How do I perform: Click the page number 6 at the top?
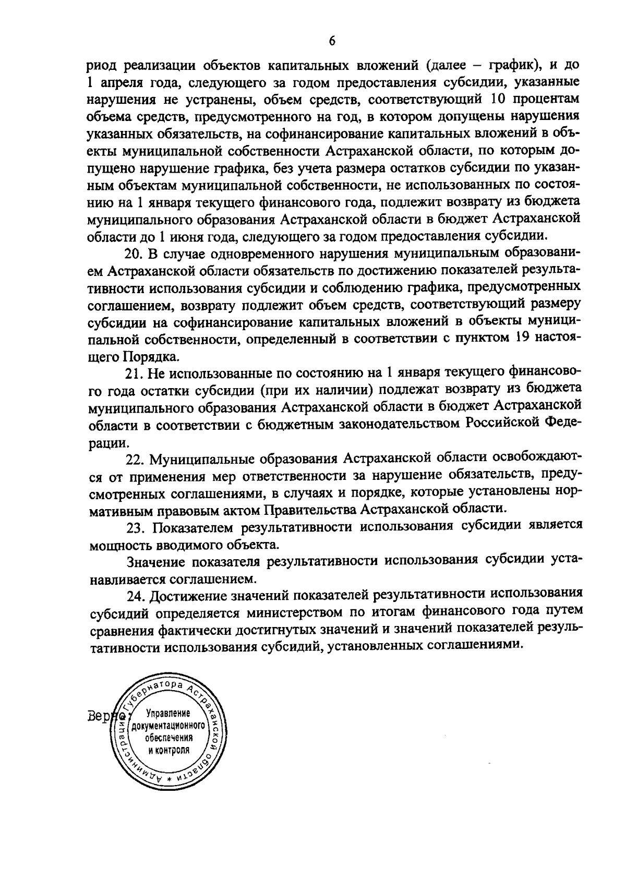[332, 42]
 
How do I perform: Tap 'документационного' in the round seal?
[168, 726]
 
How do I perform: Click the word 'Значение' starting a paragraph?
[156, 561]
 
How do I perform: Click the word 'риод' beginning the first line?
[102, 66]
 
